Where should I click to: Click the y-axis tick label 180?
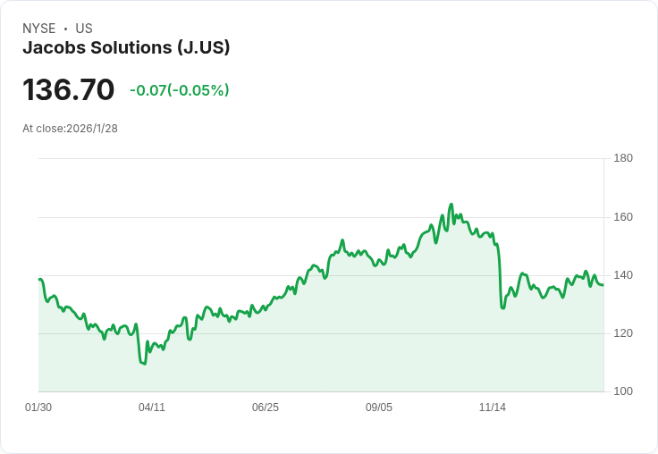(x=623, y=158)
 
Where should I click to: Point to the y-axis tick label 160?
(x=623, y=217)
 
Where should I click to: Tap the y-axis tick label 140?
(x=623, y=275)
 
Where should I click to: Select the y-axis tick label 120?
(x=623, y=333)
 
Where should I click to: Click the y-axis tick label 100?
(x=623, y=391)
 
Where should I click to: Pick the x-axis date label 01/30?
(x=38, y=408)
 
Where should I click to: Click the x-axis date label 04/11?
(x=152, y=408)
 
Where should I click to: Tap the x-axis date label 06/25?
(x=266, y=408)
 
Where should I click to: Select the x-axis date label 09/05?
(x=379, y=408)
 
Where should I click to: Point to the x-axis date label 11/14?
(x=493, y=408)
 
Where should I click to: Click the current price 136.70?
(x=69, y=90)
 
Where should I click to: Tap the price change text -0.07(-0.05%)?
(x=179, y=90)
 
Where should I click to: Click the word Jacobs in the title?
(x=52, y=47)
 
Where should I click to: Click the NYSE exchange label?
(x=38, y=29)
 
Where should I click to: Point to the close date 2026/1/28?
(x=92, y=129)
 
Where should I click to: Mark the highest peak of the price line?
(x=451, y=205)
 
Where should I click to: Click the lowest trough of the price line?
(x=143, y=364)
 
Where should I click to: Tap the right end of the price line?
(x=603, y=285)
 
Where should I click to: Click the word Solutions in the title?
(x=129, y=47)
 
